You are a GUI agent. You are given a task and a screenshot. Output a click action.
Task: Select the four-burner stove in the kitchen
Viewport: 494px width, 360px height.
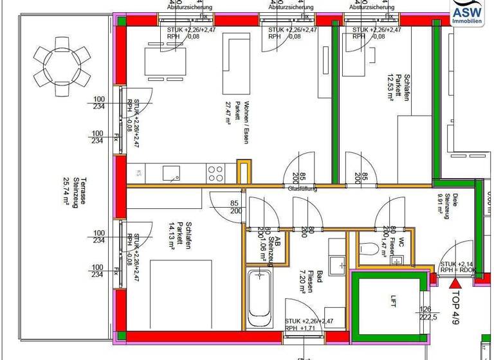pos(215,172)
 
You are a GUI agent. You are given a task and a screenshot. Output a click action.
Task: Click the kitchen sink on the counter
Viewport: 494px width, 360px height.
pos(170,172)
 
